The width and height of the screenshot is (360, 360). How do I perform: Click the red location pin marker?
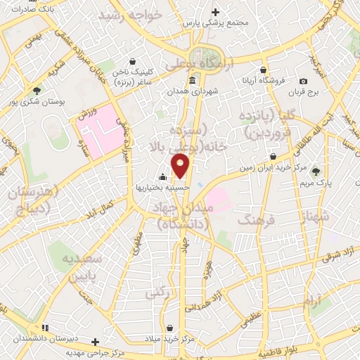(181, 165)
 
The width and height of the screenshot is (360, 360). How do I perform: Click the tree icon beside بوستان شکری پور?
(37, 90)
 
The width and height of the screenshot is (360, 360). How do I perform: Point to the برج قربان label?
(307, 92)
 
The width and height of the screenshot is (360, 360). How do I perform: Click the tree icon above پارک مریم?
(315, 171)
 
